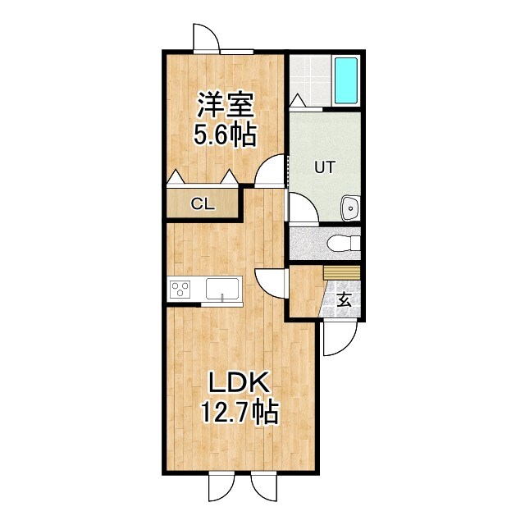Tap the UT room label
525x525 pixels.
tap(326, 167)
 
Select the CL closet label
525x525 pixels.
tap(203, 204)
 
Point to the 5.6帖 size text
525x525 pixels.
tap(225, 133)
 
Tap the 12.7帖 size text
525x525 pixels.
tap(240, 411)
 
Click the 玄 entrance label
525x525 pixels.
tap(345, 300)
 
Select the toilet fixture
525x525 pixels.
tap(341, 244)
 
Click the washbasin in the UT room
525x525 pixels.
tap(350, 208)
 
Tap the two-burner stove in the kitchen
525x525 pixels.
tap(180, 289)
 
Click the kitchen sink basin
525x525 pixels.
tap(221, 289)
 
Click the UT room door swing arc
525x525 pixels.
tap(302, 209)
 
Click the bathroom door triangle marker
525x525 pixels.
tap(298, 101)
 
